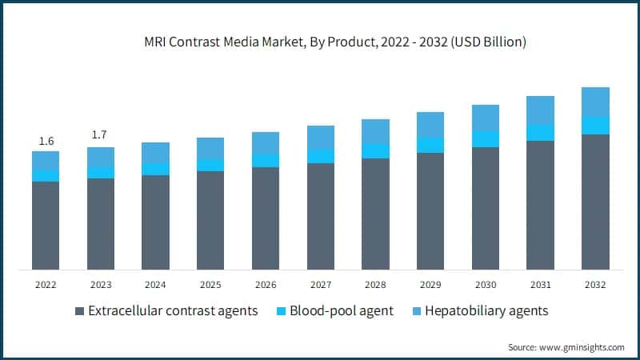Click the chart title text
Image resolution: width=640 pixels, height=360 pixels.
tap(319, 42)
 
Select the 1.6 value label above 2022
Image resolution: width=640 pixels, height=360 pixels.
tap(46, 142)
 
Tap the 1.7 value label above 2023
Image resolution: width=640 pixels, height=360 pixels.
tap(100, 134)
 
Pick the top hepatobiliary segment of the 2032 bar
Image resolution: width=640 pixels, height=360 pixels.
tap(594, 102)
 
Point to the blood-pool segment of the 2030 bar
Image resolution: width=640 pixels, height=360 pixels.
tap(485, 139)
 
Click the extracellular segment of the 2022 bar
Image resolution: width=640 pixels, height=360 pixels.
tap(46, 225)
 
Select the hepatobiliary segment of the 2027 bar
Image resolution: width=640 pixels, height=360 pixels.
tap(320, 137)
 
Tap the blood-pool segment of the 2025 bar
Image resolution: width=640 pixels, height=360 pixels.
tap(210, 165)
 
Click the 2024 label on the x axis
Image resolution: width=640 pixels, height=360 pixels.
tap(155, 285)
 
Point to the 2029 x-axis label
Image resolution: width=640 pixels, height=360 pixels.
tap(430, 285)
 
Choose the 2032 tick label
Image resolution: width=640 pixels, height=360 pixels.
tap(594, 285)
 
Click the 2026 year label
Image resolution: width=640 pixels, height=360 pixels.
tap(265, 285)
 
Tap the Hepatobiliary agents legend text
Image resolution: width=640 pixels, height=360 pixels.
tap(486, 311)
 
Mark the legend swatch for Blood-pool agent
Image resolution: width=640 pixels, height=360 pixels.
tap(282, 311)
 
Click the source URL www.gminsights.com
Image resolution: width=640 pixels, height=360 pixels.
tap(581, 346)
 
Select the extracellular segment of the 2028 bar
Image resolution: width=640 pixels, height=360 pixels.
tap(375, 214)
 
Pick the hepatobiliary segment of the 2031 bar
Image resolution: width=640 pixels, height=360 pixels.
tap(540, 110)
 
